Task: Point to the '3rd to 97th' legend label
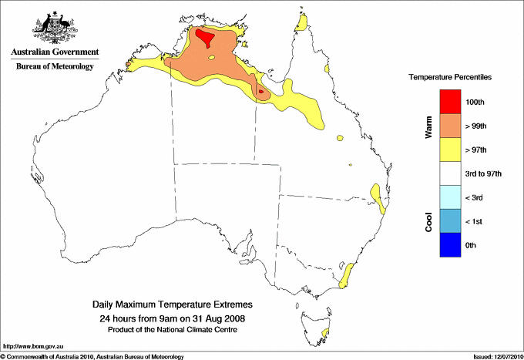point(485,174)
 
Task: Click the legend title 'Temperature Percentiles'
point(450,78)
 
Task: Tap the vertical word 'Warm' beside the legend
point(429,126)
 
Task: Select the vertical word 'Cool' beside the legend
point(429,221)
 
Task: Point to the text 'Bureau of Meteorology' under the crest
point(55,67)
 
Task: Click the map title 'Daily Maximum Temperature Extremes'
point(173,305)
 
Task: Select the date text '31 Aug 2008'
point(222,318)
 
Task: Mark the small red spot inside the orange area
point(261,93)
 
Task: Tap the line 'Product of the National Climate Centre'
point(173,329)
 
